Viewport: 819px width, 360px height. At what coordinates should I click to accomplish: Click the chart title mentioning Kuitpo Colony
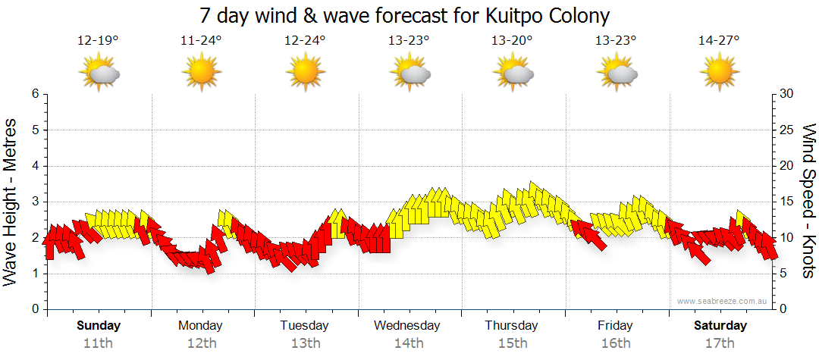pyautogui.click(x=405, y=15)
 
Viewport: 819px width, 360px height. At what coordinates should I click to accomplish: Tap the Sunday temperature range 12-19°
pyautogui.click(x=98, y=41)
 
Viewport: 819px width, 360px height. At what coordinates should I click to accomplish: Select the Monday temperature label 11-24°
pyautogui.click(x=201, y=41)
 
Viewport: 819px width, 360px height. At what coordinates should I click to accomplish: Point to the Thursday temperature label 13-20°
pyautogui.click(x=512, y=41)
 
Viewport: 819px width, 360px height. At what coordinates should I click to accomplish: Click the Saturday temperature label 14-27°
pyautogui.click(x=719, y=41)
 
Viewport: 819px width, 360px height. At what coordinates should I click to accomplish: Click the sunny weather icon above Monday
pyautogui.click(x=201, y=74)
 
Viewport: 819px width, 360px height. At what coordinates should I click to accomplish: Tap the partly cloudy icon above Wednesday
pyautogui.click(x=409, y=74)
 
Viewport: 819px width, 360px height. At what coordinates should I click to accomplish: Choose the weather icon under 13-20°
pyautogui.click(x=513, y=74)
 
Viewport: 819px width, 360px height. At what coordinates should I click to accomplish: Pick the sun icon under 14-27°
pyautogui.click(x=719, y=74)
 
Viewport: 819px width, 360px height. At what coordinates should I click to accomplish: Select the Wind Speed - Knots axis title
pyautogui.click(x=808, y=201)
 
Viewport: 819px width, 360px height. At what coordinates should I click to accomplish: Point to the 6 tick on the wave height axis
pyautogui.click(x=34, y=94)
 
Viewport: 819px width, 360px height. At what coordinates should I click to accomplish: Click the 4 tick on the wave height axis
pyautogui.click(x=34, y=166)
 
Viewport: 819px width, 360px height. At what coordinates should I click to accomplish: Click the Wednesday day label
pyautogui.click(x=407, y=326)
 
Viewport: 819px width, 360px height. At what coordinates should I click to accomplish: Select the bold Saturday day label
pyautogui.click(x=720, y=326)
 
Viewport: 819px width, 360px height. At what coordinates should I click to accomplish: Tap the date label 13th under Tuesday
pyautogui.click(x=304, y=343)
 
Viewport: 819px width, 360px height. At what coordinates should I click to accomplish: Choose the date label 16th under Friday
pyautogui.click(x=615, y=343)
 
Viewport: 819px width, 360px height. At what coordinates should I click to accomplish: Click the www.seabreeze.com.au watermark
pyautogui.click(x=723, y=301)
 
